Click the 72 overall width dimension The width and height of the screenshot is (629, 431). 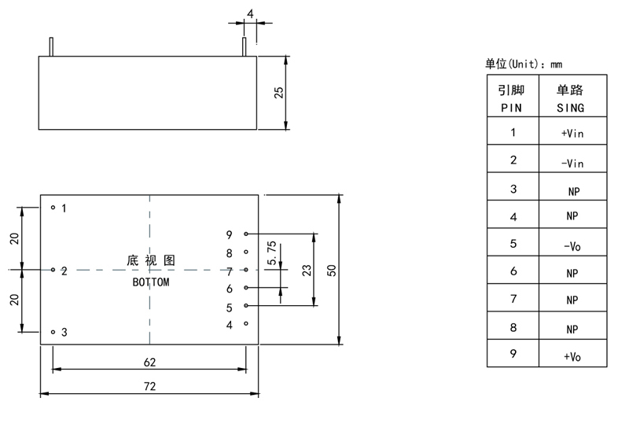pos(149,386)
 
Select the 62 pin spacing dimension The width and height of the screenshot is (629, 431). pos(149,363)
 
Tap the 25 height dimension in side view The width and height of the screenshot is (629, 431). pos(278,92)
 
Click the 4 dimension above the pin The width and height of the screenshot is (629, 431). pos(250,14)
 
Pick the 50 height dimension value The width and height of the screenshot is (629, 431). pos(332,270)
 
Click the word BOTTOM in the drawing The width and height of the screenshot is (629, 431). pos(150,282)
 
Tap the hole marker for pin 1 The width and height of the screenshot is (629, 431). pos(53,208)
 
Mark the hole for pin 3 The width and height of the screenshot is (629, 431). pos(53,332)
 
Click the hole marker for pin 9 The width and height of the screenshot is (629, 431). pos(246,234)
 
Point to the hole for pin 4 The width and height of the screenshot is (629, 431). pos(246,323)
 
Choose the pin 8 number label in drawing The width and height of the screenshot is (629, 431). pos(229,253)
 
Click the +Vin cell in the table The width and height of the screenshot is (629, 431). pos(572,134)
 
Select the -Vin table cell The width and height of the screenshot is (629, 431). pos(572,163)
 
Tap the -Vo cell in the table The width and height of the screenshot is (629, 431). pos(572,245)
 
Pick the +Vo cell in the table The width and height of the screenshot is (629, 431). pos(572,356)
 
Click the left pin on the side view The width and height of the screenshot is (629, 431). pos(51,46)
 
